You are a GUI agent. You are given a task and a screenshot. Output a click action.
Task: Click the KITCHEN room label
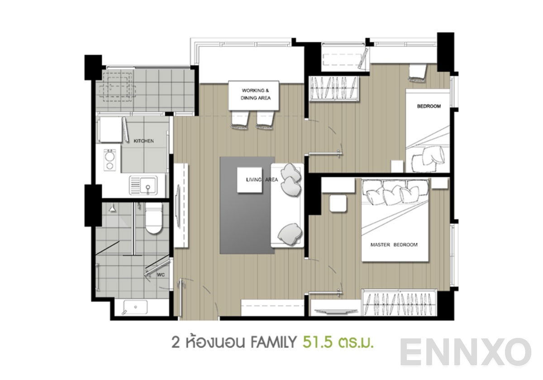pyautogui.click(x=143, y=141)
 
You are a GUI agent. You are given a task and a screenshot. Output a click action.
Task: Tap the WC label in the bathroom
pyautogui.click(x=160, y=275)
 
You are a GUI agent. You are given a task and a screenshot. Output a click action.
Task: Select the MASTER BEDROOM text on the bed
pyautogui.click(x=394, y=245)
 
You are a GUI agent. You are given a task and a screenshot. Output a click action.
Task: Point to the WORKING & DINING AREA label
pyautogui.click(x=256, y=94)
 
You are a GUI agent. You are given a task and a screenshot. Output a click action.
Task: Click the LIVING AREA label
pyautogui.click(x=262, y=180)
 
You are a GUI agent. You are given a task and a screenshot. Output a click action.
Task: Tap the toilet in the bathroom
pyautogui.click(x=153, y=218)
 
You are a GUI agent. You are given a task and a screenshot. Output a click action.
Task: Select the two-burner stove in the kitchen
pyautogui.click(x=110, y=160)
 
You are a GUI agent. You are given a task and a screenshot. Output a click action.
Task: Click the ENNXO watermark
pyautogui.click(x=466, y=352)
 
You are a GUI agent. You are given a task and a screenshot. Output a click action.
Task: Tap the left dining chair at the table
pyautogui.click(x=239, y=119)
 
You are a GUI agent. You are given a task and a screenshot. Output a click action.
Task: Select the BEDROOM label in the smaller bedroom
pyautogui.click(x=429, y=106)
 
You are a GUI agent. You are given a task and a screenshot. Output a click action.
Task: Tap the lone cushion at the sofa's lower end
pyautogui.click(x=289, y=232)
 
